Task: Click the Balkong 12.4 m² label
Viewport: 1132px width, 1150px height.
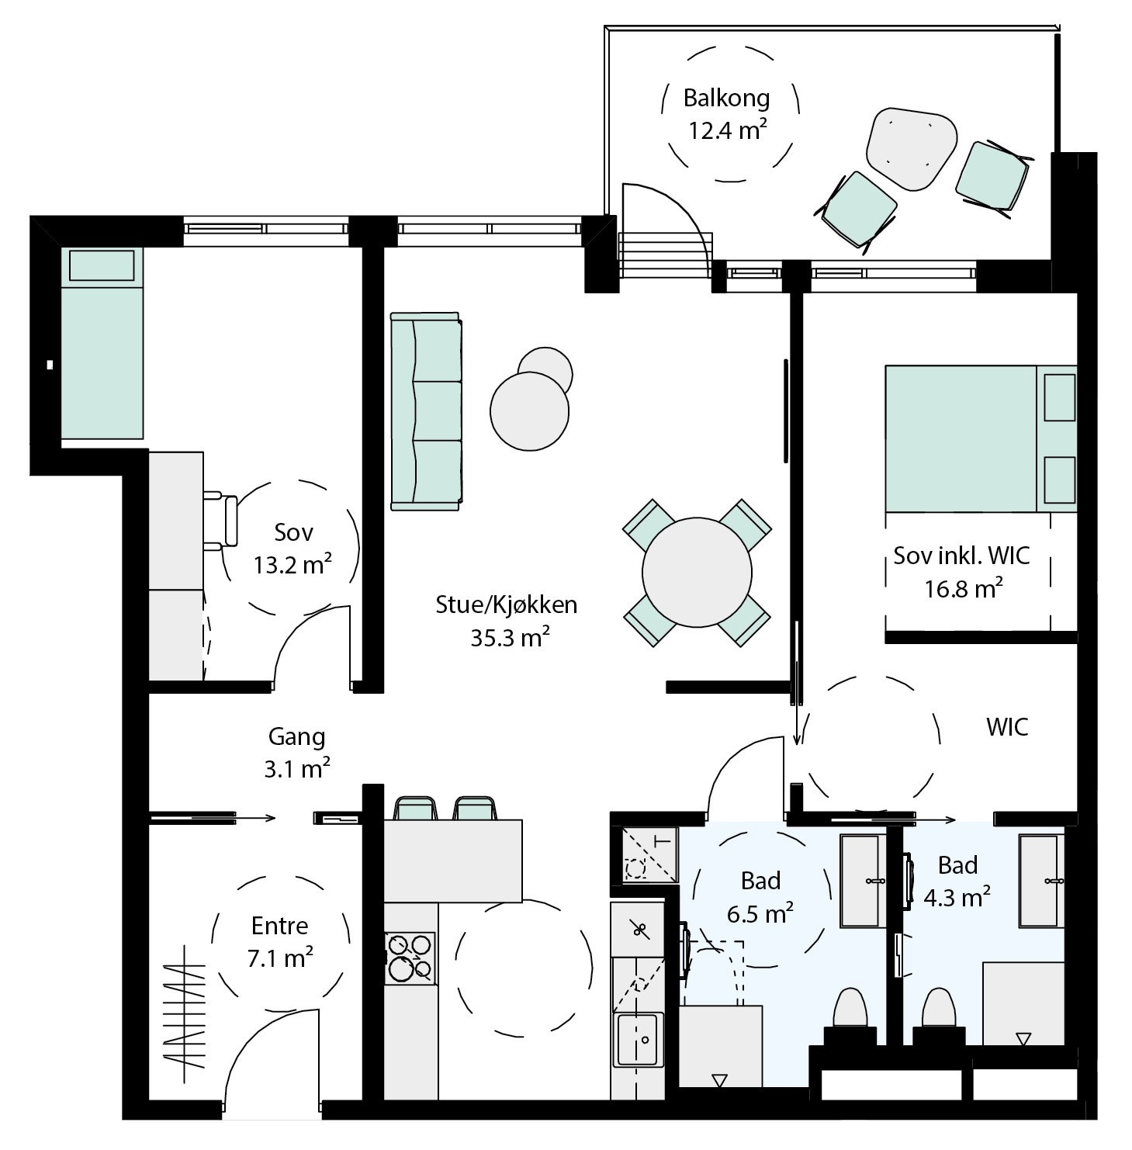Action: [x=727, y=114]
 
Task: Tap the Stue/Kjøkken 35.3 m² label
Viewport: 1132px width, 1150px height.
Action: [x=507, y=621]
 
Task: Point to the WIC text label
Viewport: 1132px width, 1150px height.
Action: [x=1007, y=727]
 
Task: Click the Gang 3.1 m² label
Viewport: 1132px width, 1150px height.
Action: [x=297, y=753]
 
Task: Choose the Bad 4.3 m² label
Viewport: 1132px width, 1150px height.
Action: [x=957, y=882]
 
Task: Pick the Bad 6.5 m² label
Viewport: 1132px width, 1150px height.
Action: [x=760, y=897]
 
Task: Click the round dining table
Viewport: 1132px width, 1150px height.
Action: [x=697, y=573]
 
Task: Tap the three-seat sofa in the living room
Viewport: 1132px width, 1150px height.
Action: [x=426, y=411]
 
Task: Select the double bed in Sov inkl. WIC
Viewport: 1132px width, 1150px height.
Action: [x=981, y=438]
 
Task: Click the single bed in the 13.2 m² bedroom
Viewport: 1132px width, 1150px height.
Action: [x=102, y=343]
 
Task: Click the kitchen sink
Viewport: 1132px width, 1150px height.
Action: [x=639, y=1038]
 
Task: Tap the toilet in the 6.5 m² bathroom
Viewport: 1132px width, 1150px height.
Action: [x=850, y=1009]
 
